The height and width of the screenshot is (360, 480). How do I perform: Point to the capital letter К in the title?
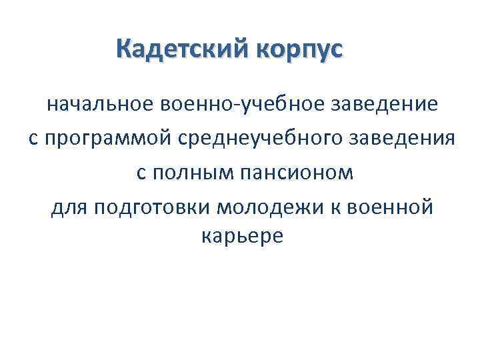[124, 49]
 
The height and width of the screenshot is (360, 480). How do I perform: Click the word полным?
[185, 174]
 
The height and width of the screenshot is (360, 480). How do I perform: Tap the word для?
[69, 209]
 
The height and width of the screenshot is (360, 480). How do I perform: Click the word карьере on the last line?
[241, 237]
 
